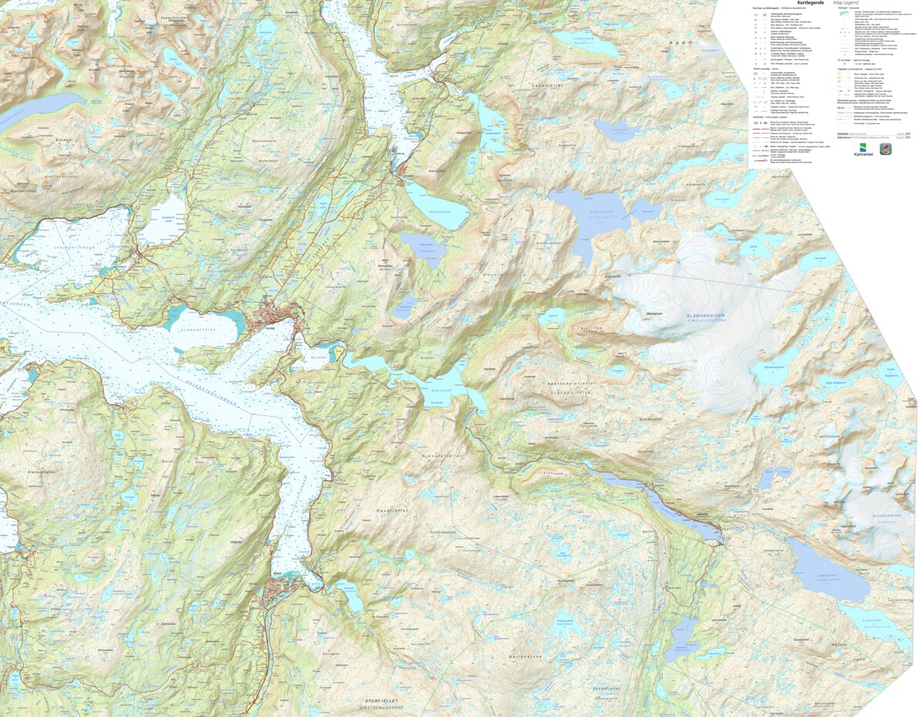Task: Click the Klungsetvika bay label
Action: (x=202, y=328)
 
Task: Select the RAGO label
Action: (x=681, y=43)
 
